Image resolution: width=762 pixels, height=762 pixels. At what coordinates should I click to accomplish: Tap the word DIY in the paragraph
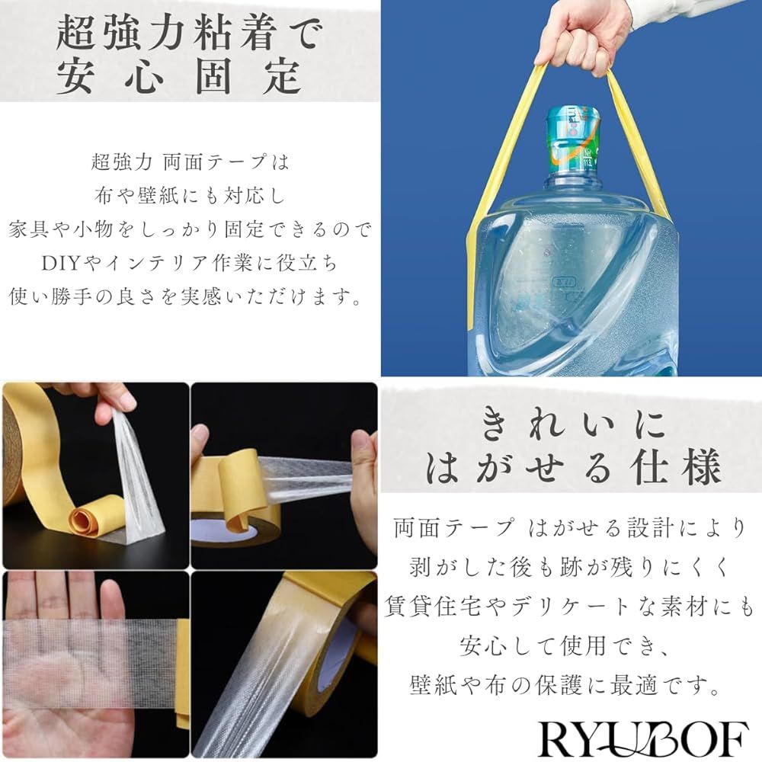coord(61,264)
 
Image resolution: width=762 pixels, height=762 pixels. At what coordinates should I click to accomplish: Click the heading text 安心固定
coord(178,75)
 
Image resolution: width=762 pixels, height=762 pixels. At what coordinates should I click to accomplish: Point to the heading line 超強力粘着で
coord(190,32)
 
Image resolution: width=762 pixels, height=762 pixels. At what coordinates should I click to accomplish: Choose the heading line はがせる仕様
coord(574,466)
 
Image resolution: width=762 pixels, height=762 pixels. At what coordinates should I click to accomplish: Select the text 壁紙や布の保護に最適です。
coord(567,685)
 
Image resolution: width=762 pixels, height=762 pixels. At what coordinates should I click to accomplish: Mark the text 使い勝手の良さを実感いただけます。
coord(186,296)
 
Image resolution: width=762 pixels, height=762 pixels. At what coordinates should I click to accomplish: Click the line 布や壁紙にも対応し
coord(190,195)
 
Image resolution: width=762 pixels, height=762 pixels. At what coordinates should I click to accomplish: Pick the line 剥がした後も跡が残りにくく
coord(569,567)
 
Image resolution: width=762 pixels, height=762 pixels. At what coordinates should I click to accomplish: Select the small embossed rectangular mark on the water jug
coord(564,283)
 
